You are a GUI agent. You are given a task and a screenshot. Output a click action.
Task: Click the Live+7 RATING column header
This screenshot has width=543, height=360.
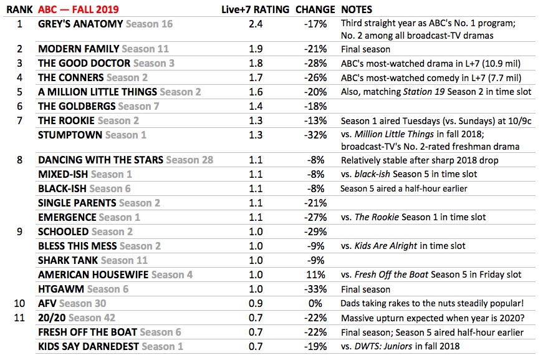coord(255,10)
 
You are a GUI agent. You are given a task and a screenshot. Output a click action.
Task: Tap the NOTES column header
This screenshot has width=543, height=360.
coord(357,10)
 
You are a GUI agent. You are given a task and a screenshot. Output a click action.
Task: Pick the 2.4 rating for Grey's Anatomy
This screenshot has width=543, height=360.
coord(255,24)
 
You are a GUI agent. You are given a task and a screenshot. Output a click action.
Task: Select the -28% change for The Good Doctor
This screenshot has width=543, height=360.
coord(316,63)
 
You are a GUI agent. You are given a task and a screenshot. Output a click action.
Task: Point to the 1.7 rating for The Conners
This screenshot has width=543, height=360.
coord(255,78)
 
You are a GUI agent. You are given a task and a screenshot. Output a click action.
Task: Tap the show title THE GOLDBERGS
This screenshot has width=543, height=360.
coord(77,107)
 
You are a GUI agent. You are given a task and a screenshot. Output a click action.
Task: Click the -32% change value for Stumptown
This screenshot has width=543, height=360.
coord(316,135)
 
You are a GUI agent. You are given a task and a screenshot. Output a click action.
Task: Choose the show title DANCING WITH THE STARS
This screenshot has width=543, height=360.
coord(100,160)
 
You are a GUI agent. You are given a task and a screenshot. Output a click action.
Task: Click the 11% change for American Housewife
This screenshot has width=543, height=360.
coord(317,275)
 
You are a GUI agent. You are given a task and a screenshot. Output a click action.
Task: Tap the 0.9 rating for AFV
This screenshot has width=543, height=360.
coord(255,303)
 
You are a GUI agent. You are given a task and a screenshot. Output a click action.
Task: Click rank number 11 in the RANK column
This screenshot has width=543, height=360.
coord(19,318)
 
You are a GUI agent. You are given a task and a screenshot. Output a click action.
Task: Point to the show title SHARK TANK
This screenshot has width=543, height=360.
coord(68,260)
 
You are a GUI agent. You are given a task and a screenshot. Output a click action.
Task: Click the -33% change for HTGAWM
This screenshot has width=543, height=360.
coord(316,289)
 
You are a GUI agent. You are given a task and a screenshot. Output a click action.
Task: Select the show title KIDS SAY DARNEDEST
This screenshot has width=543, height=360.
coord(89,346)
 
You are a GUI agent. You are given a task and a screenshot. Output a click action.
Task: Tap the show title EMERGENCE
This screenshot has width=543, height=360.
coord(67,217)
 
